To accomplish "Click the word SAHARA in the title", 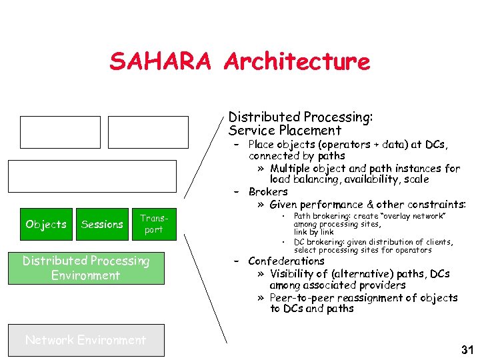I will point(160,61).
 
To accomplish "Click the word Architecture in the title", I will point(297,61).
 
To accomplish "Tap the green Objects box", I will point(46,225).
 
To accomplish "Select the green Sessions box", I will point(102,225).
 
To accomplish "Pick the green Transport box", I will point(153,224).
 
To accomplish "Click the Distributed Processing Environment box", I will point(86,268).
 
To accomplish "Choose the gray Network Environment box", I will point(86,340).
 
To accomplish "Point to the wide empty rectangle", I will point(92,176).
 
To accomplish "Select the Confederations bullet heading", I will point(286,261).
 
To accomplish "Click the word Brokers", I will point(268,192).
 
